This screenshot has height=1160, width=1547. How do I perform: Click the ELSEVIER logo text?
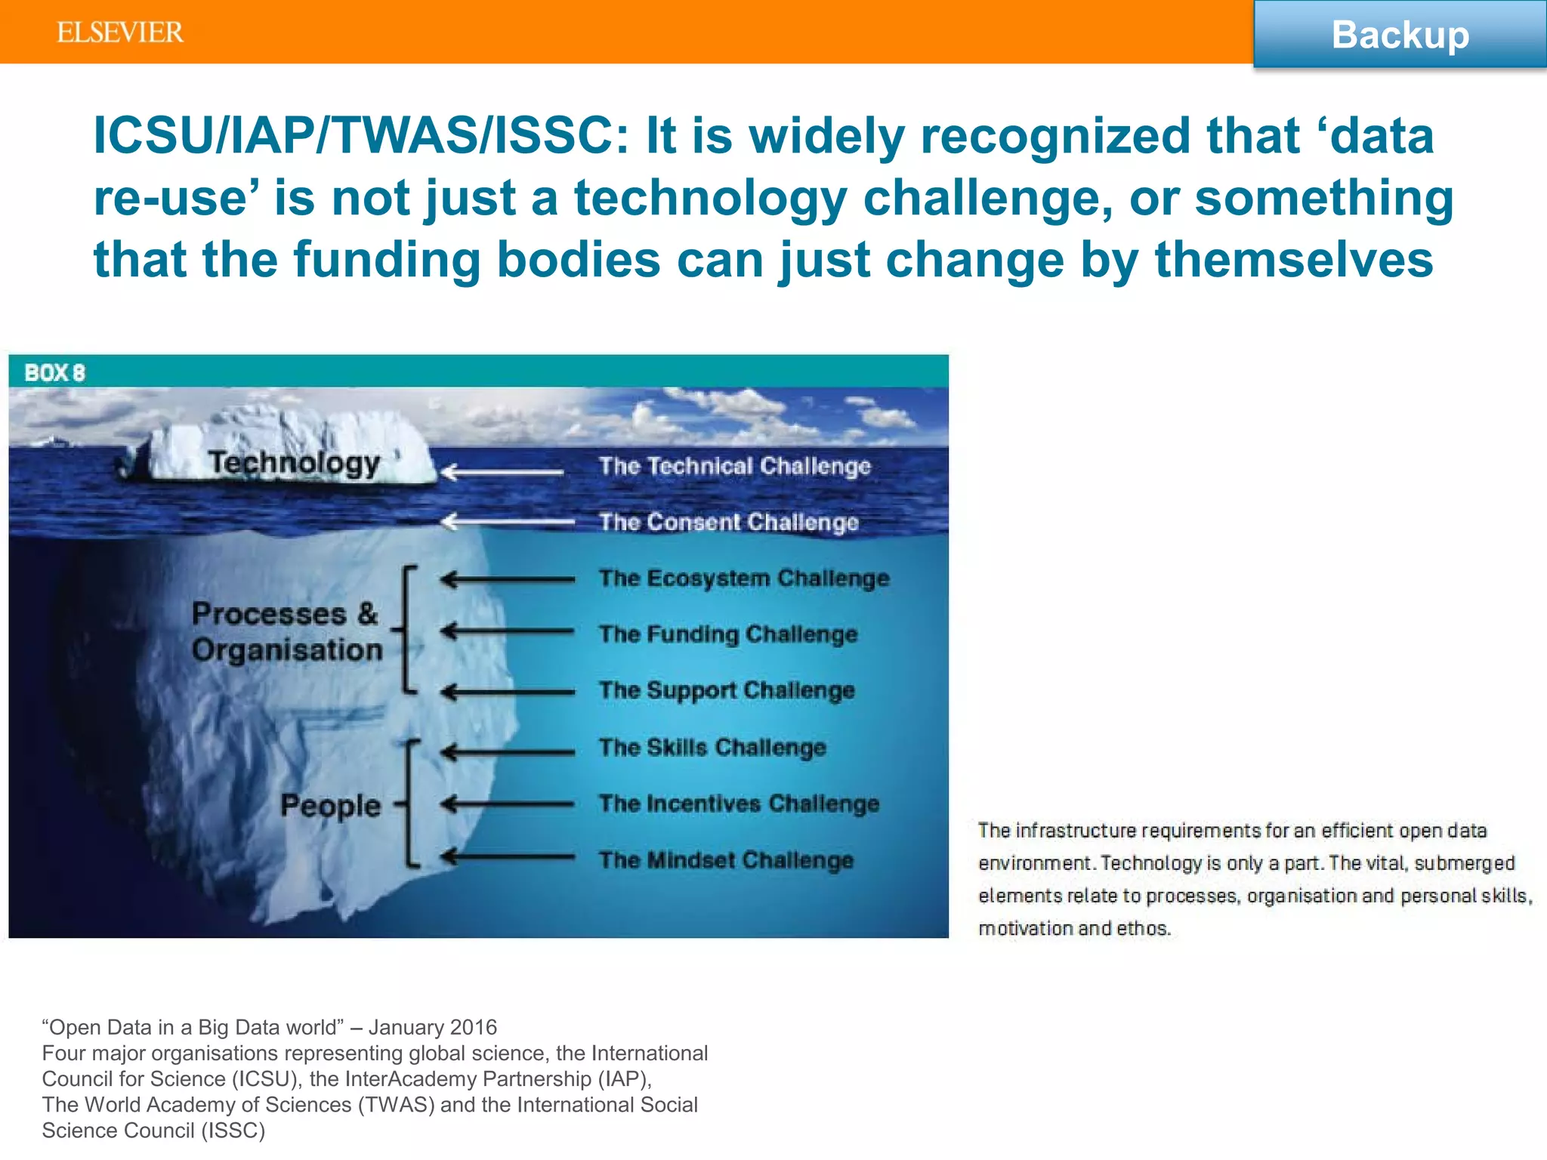tap(119, 32)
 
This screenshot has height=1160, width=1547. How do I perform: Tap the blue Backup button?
tap(1400, 35)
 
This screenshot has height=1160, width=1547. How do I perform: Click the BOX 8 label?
tap(54, 372)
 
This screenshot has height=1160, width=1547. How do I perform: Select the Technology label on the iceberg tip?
tap(294, 462)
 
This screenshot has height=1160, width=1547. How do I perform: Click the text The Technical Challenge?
tap(734, 466)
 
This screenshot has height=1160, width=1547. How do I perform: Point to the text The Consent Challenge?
tap(728, 522)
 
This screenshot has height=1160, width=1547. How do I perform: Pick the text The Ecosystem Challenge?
tap(744, 578)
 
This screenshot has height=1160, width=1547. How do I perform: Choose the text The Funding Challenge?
tap(728, 634)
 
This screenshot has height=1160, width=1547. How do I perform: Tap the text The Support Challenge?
tap(727, 690)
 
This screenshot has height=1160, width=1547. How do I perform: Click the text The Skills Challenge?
tap(712, 747)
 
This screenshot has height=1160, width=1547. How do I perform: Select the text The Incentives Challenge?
tap(739, 803)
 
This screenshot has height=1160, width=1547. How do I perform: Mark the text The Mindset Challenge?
tap(726, 859)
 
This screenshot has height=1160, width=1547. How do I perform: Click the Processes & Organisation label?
tap(286, 631)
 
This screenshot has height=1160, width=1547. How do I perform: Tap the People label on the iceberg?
tap(330, 805)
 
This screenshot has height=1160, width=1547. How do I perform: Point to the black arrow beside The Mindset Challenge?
tap(507, 857)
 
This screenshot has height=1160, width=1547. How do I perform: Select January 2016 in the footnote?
tap(433, 1027)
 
